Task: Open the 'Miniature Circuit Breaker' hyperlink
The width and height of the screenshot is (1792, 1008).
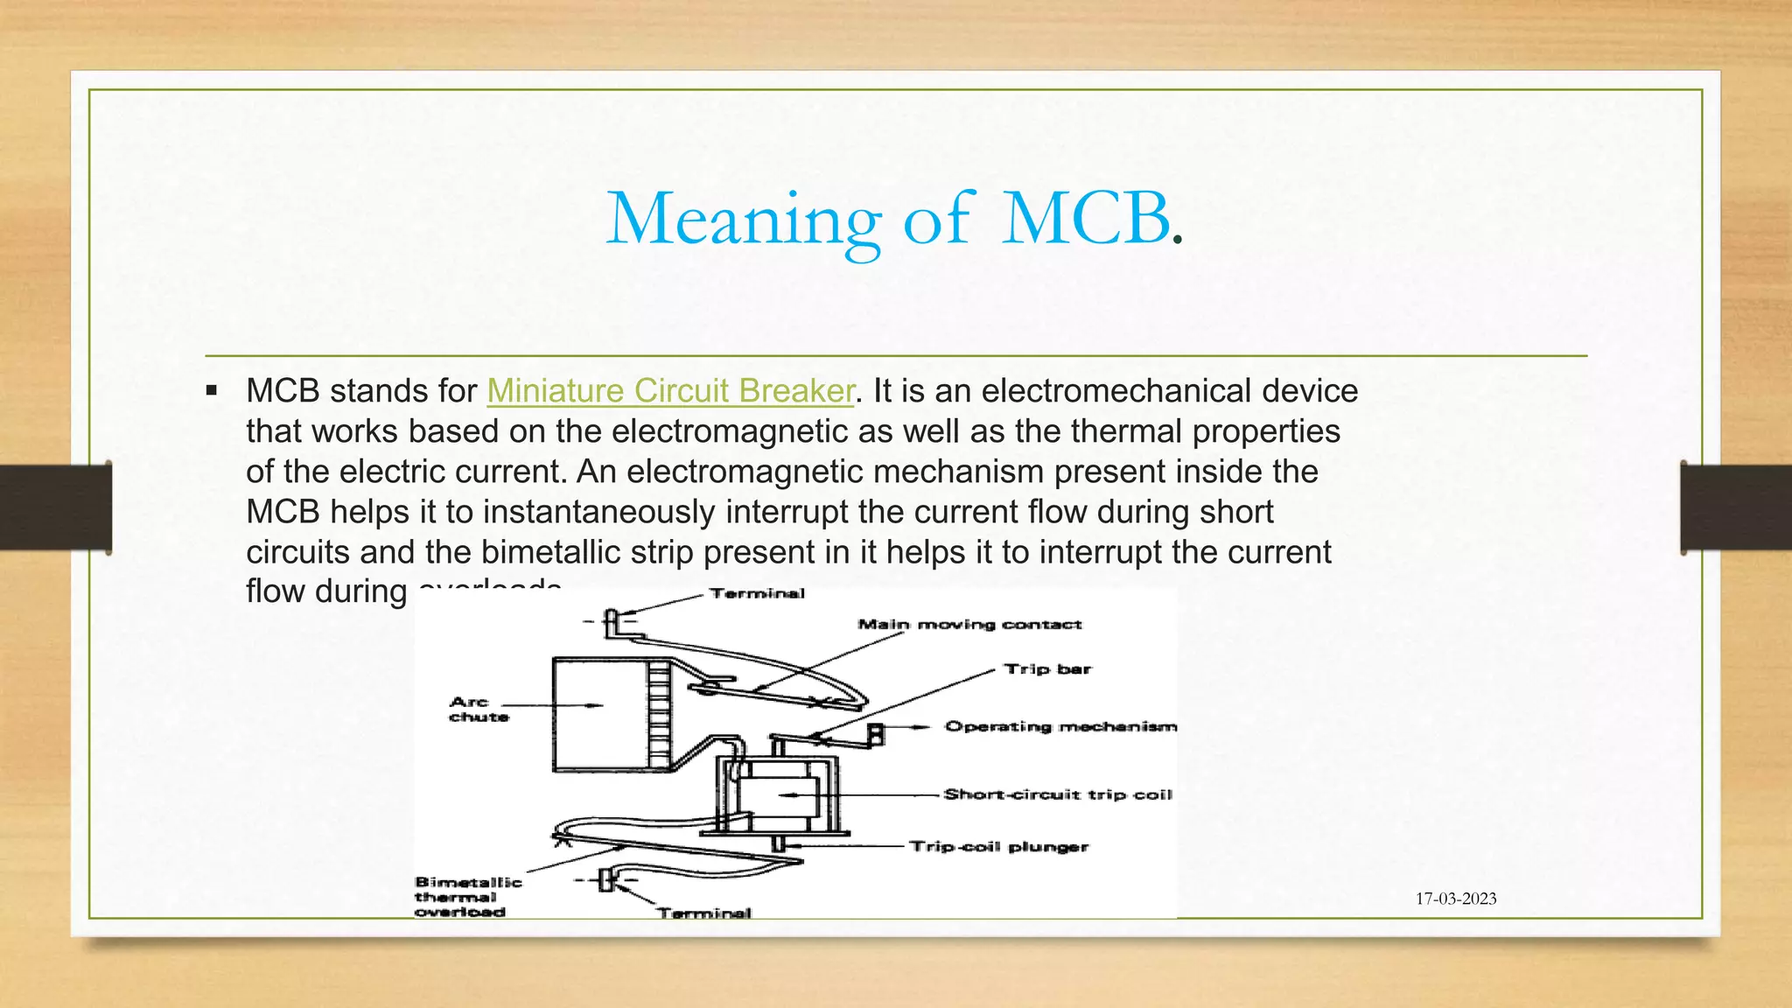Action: tap(670, 391)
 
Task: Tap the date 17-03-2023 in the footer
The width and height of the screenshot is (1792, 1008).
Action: tap(1456, 899)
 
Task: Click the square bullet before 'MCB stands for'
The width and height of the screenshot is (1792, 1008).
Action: tap(212, 391)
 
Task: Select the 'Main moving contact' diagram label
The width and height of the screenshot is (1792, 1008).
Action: tap(969, 624)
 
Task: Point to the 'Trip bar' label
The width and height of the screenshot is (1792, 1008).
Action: tap(1047, 669)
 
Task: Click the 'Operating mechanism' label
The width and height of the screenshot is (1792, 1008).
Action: tap(1060, 726)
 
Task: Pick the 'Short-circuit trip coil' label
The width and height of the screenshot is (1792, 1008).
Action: tap(1057, 794)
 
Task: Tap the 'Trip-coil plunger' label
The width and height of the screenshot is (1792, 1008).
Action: tap(998, 846)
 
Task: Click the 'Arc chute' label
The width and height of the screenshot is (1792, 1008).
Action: tap(479, 709)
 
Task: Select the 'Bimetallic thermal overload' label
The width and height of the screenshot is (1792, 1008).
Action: tap(467, 897)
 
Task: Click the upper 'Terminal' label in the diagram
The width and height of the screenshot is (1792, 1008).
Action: tap(757, 593)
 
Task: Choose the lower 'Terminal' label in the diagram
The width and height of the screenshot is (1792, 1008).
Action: tap(704, 913)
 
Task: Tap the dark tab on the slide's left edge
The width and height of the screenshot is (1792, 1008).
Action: tap(55, 507)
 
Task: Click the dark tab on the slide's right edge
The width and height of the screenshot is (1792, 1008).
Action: tap(1736, 507)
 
